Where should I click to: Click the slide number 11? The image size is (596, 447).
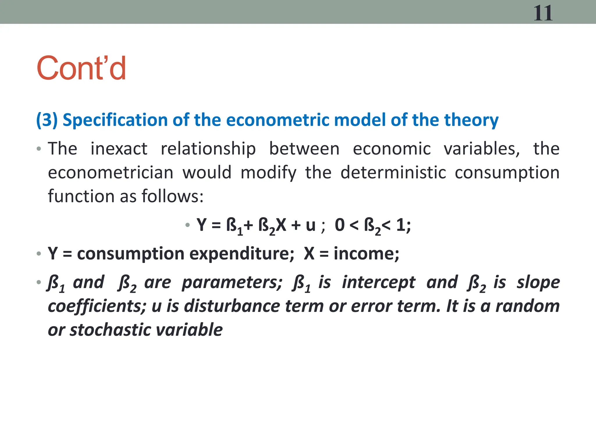pos(543,13)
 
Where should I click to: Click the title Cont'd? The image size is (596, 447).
pos(81,68)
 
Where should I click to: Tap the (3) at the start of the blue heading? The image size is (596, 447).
pos(47,120)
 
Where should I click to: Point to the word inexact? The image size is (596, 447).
pos(119,149)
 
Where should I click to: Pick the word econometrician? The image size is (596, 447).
pos(111,173)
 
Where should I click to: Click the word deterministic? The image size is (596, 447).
pos(393,173)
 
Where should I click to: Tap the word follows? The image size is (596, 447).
pos(172,196)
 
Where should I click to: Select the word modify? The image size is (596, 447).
pos(268,173)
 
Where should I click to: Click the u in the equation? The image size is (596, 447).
pos(311,225)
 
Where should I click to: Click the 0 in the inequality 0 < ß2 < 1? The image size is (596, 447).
pos(340,225)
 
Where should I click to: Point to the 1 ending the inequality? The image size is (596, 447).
pos(401,225)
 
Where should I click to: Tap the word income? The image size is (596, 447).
pos(366,254)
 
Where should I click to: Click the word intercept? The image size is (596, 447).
pos(379,283)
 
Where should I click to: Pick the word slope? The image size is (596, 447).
pos(538,283)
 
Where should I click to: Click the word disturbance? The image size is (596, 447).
pos(232,306)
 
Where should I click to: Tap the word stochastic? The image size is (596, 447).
pos(110,330)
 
